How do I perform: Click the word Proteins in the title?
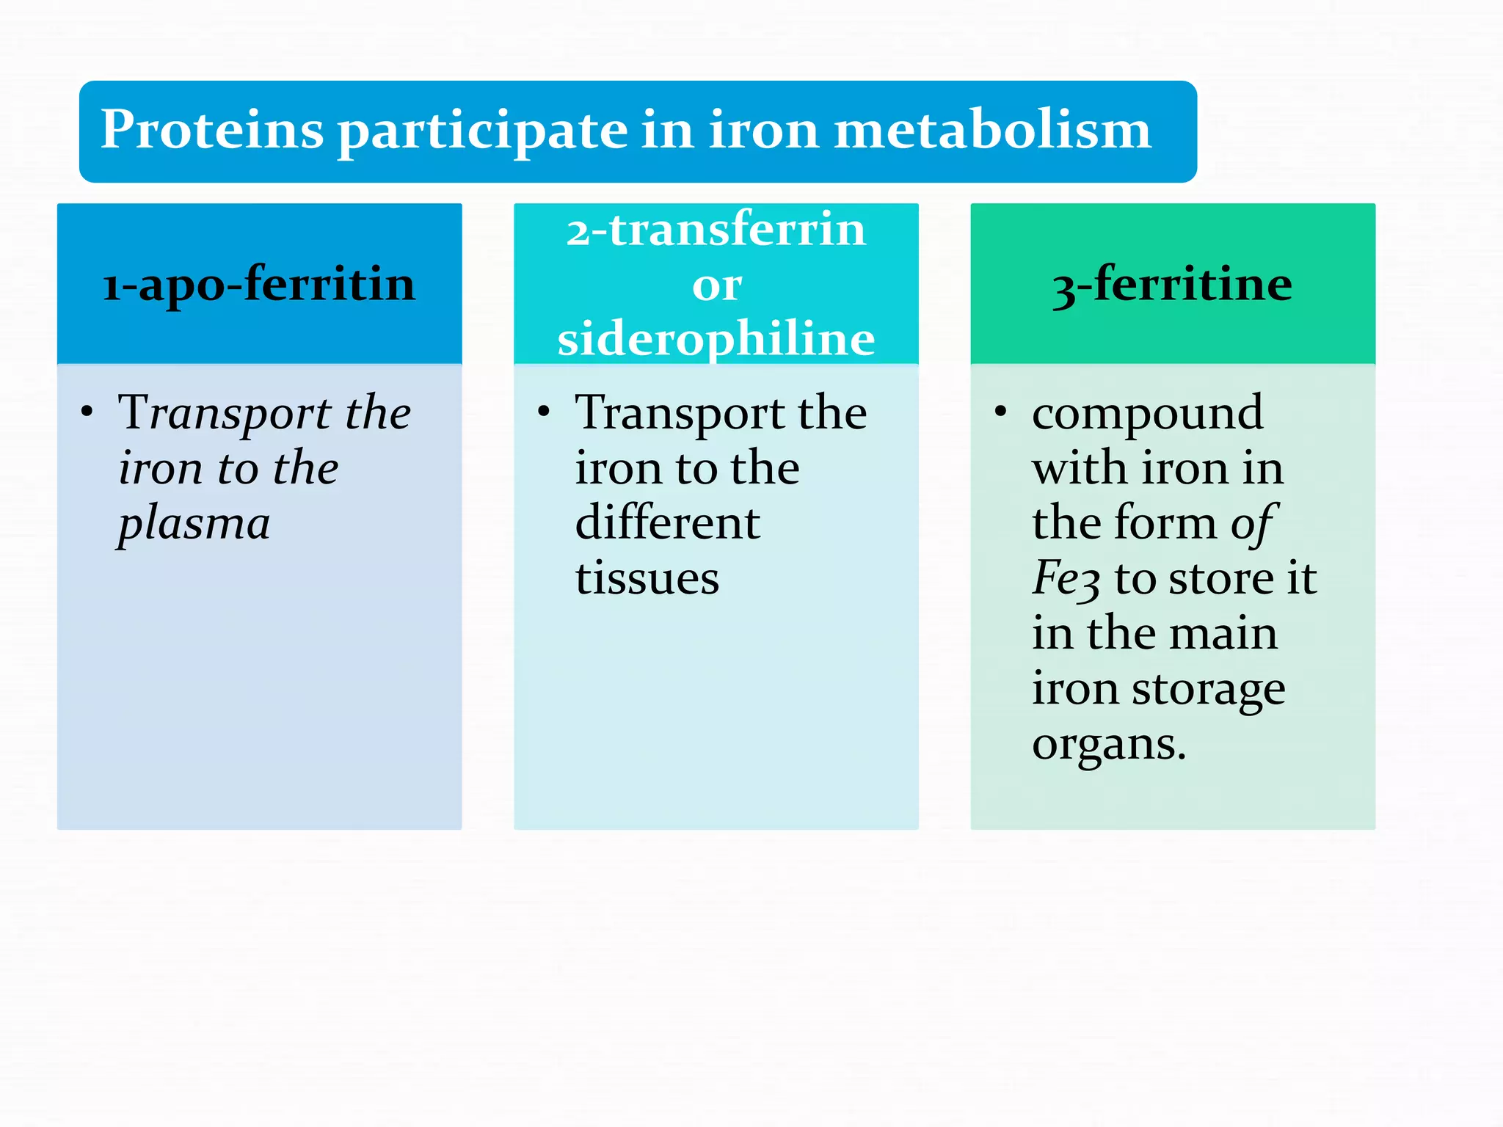211,131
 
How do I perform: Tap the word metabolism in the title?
993,131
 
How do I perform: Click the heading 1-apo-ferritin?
259,284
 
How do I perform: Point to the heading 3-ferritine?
1172,284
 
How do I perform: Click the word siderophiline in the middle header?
716,339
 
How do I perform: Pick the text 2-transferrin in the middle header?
716,229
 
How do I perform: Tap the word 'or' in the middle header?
716,285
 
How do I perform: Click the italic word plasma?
194,524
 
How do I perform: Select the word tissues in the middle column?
647,578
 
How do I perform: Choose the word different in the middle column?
667,523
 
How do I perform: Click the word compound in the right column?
1147,413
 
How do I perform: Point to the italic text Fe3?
1066,578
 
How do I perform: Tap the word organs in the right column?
1108,744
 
